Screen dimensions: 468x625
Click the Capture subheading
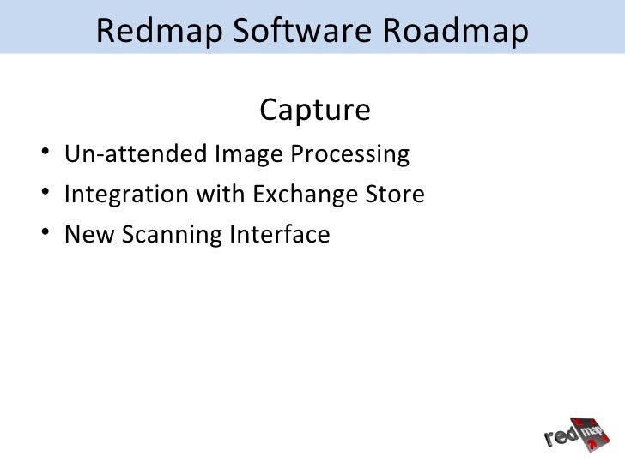313,111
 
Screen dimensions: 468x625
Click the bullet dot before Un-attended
43,155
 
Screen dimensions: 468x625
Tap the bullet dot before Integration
43,195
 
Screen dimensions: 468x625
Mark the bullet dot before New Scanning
43,233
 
